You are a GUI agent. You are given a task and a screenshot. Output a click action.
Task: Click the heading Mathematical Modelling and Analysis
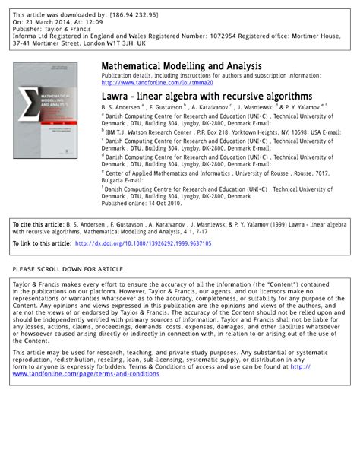click(x=182, y=66)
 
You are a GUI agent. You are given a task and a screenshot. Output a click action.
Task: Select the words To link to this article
click(x=42, y=243)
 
